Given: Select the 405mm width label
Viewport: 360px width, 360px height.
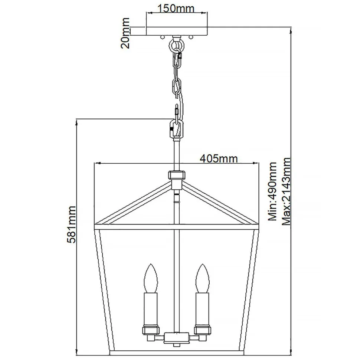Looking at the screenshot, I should [x=219, y=158].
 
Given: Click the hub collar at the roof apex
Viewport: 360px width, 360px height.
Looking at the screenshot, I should [x=177, y=175].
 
